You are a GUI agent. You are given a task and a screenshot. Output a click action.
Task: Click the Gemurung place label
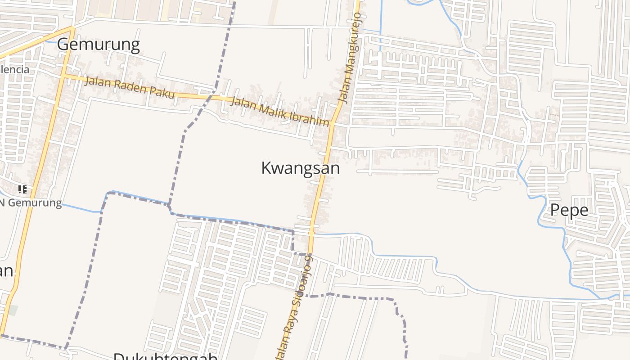[x=98, y=45]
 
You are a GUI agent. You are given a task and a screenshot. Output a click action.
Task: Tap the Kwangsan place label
[x=300, y=168]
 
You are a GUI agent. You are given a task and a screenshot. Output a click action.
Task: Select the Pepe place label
[x=569, y=210]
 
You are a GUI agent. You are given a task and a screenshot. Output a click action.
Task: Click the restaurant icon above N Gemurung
[x=22, y=189]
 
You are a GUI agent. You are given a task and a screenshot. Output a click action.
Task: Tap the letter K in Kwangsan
[x=266, y=168]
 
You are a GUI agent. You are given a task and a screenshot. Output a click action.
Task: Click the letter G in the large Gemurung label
[x=63, y=45]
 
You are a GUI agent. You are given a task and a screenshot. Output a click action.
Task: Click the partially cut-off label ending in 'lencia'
[x=14, y=69]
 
